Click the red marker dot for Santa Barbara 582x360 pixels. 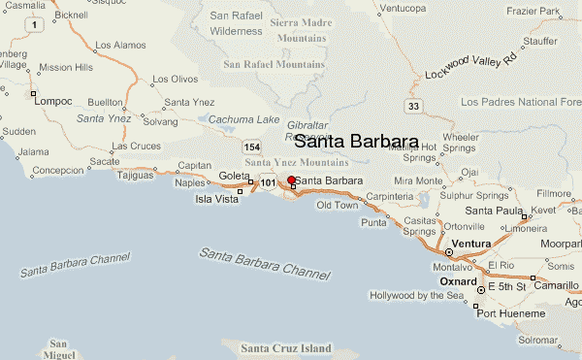point(291,180)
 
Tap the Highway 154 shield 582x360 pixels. point(252,147)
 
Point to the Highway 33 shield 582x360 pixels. point(414,106)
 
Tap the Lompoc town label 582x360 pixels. point(53,100)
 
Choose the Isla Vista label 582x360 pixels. point(217,198)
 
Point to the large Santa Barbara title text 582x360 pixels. point(356,142)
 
